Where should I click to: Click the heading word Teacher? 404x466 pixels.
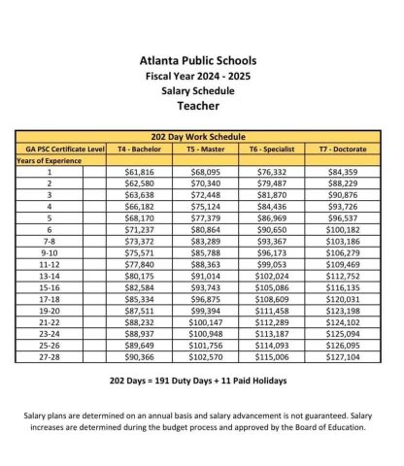coord(201,105)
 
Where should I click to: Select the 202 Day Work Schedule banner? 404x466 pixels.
coord(201,137)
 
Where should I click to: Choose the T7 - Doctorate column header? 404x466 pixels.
coord(329,149)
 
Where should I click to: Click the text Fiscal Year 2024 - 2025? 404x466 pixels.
coord(201,75)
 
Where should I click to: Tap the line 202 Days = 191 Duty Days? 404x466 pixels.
coord(201,382)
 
